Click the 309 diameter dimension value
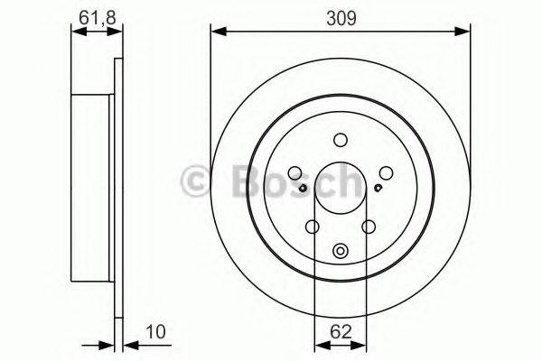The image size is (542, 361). click(x=341, y=16)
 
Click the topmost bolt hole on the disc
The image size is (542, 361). click(x=340, y=140)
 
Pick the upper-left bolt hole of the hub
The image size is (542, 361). click(x=294, y=173)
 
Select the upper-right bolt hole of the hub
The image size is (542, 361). click(x=386, y=173)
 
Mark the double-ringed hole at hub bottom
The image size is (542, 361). click(x=340, y=252)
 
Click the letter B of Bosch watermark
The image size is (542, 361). click(x=235, y=180)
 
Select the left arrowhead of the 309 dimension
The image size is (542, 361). click(x=215, y=32)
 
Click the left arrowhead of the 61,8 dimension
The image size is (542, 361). click(x=75, y=32)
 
